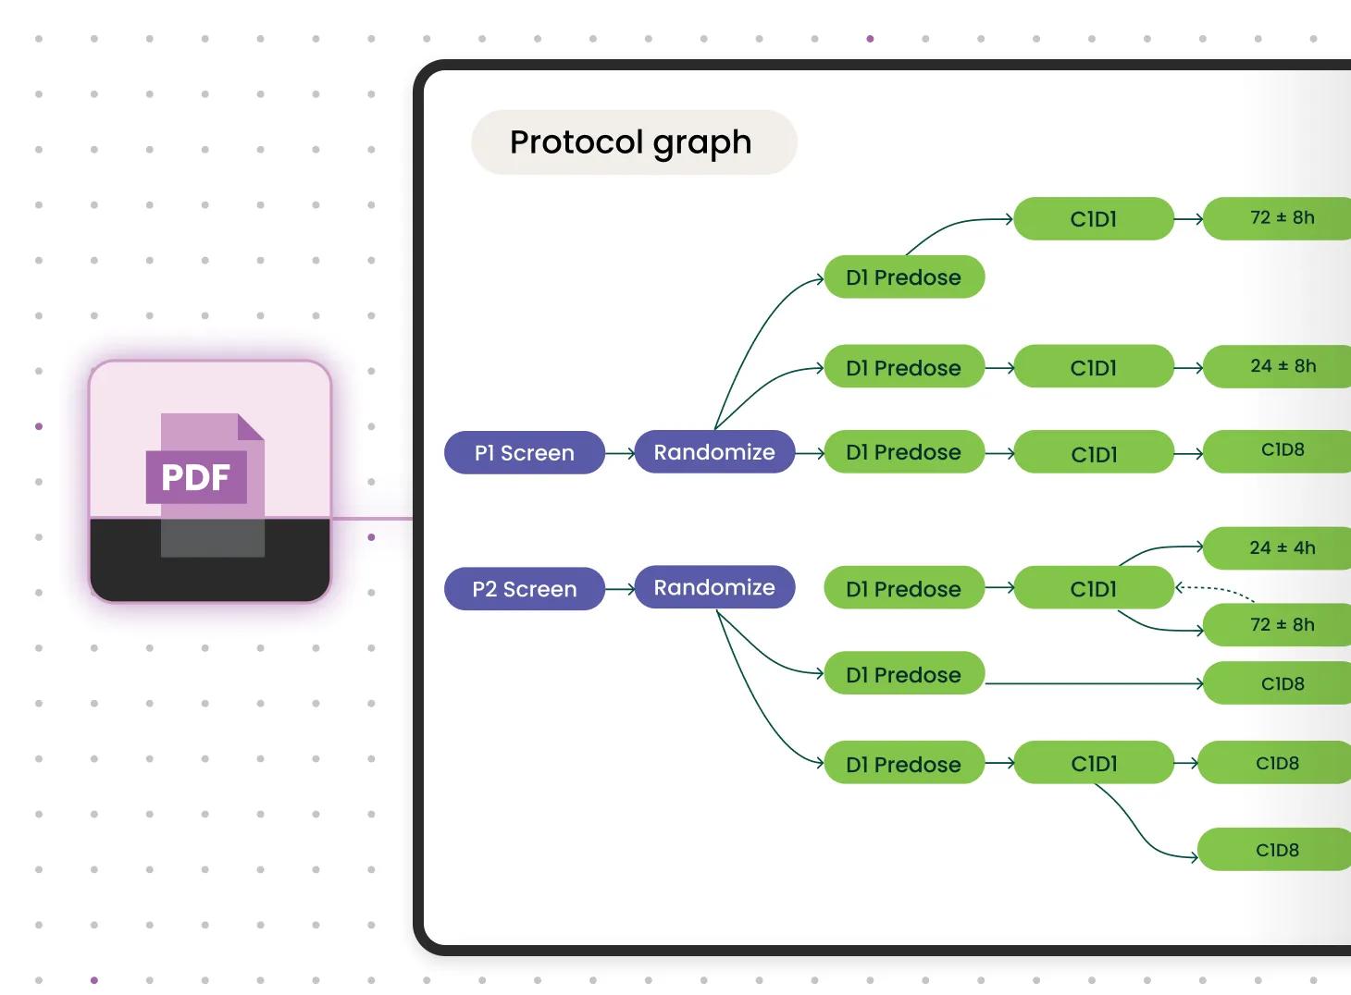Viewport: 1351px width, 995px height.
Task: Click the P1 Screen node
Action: point(524,453)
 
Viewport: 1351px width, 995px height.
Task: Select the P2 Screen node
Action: point(524,589)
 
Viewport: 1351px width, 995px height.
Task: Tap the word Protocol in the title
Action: point(576,142)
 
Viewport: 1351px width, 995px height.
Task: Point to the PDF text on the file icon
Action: point(195,477)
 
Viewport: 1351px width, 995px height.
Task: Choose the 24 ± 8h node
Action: point(1282,366)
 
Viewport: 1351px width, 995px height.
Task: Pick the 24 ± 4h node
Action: point(1282,548)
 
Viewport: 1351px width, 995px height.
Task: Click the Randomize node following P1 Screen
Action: point(714,452)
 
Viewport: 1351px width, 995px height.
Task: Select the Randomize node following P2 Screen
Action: point(714,587)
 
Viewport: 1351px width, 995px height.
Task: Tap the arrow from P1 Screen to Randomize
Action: point(620,453)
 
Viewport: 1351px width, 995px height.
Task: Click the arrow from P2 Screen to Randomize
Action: point(620,589)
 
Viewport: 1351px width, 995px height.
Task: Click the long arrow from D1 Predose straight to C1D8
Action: point(1092,683)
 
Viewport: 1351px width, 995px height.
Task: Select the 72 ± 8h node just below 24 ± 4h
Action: point(1282,625)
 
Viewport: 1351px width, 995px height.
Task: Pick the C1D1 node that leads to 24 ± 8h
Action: point(1093,368)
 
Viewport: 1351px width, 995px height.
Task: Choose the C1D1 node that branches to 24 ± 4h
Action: point(1093,589)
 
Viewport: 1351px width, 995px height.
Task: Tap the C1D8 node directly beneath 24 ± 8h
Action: point(1282,450)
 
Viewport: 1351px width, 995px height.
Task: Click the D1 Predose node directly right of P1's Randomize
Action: point(903,452)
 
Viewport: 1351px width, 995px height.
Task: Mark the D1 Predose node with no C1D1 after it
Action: point(903,675)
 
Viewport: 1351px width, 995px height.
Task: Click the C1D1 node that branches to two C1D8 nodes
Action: point(1093,764)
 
